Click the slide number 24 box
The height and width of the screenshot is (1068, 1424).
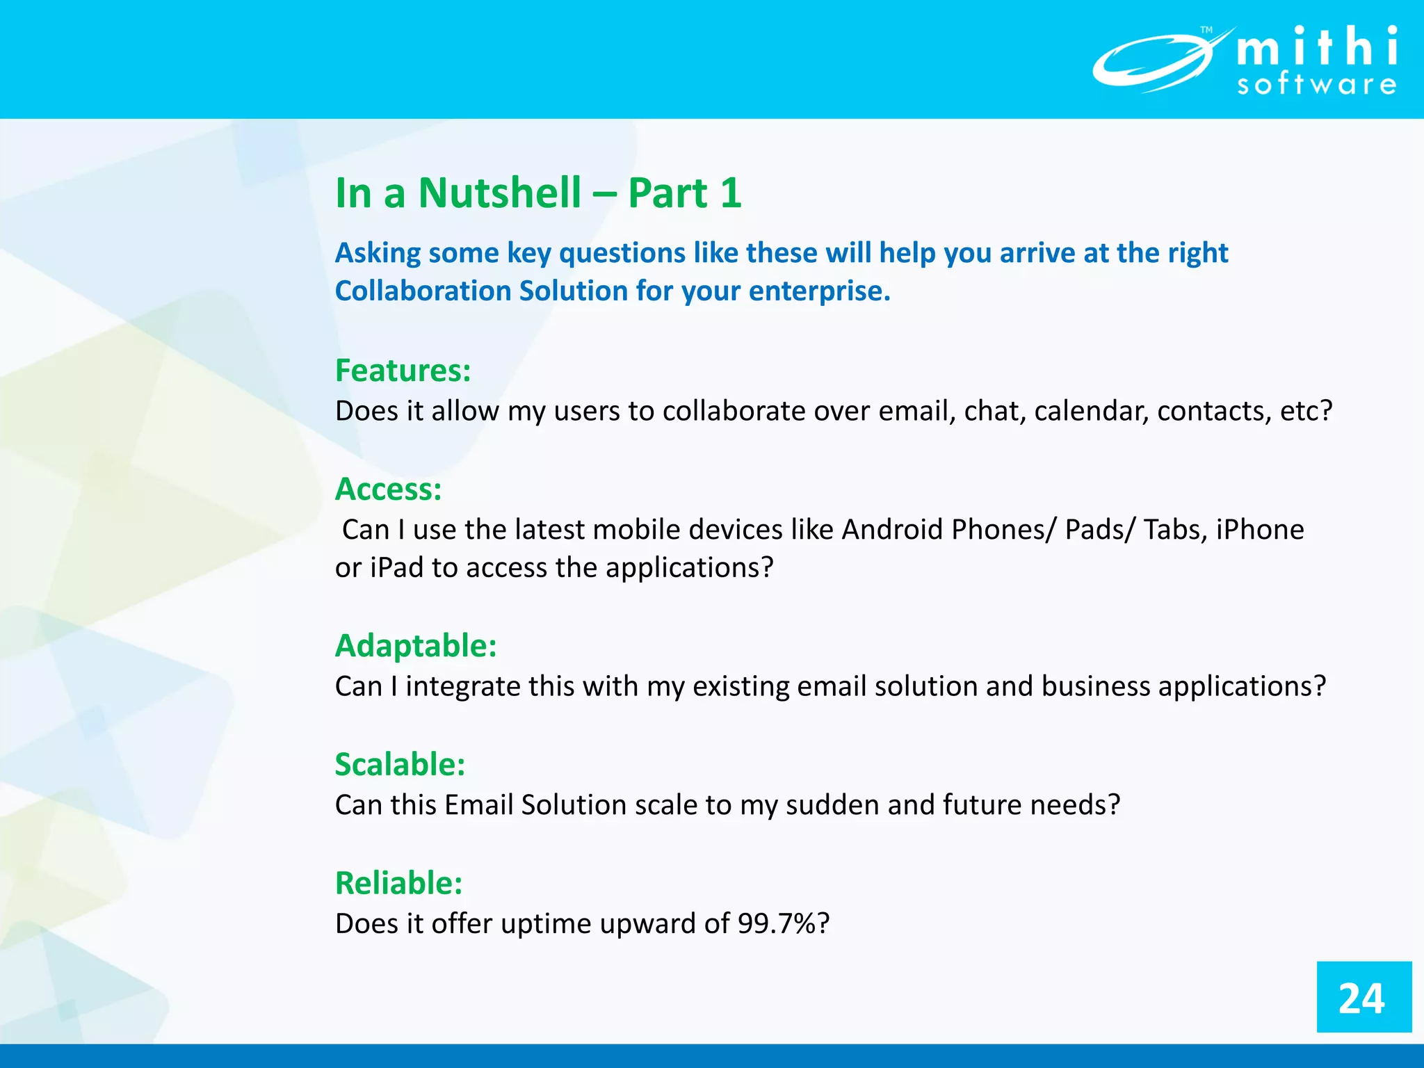click(x=1363, y=998)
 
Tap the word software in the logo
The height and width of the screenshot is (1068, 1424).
click(x=1317, y=85)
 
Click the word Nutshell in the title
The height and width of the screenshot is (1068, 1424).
click(x=499, y=193)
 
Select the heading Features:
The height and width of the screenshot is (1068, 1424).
click(x=403, y=371)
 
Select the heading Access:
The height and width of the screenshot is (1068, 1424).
click(x=388, y=489)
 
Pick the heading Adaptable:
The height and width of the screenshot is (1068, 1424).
click(x=416, y=646)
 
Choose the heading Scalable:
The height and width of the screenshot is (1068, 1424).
click(x=400, y=765)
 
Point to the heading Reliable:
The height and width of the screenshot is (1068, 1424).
click(x=398, y=884)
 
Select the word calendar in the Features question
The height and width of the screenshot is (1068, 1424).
click(x=1091, y=412)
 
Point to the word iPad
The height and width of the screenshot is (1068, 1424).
click(x=396, y=568)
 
